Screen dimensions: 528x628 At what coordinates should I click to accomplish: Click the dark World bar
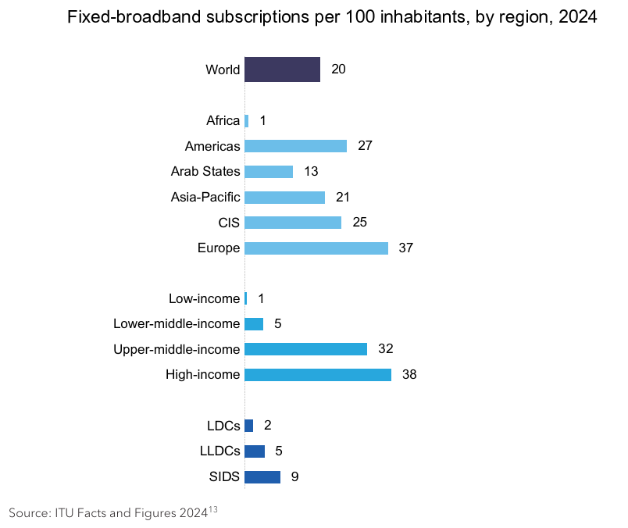282,70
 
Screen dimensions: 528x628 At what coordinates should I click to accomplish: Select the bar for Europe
316,248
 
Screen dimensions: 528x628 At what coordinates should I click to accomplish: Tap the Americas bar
295,146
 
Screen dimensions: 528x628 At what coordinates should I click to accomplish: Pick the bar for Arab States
269,172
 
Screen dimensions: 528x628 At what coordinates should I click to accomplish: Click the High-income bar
318,375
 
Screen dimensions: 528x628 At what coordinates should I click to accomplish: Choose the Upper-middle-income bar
305,349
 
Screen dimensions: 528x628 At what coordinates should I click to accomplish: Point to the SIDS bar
262,476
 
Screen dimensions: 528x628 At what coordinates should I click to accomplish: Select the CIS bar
293,223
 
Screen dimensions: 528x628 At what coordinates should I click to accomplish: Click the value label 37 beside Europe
405,248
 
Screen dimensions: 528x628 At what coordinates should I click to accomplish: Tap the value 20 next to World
338,70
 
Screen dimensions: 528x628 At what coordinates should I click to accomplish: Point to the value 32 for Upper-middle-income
385,349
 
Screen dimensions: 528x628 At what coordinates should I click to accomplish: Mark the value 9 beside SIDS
294,476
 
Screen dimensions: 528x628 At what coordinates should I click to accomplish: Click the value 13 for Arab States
311,172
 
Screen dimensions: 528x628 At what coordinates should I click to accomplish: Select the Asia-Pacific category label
205,197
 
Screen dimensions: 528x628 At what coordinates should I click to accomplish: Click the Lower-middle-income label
177,323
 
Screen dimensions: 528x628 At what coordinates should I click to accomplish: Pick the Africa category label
223,121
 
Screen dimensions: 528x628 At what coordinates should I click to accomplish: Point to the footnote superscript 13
212,509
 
